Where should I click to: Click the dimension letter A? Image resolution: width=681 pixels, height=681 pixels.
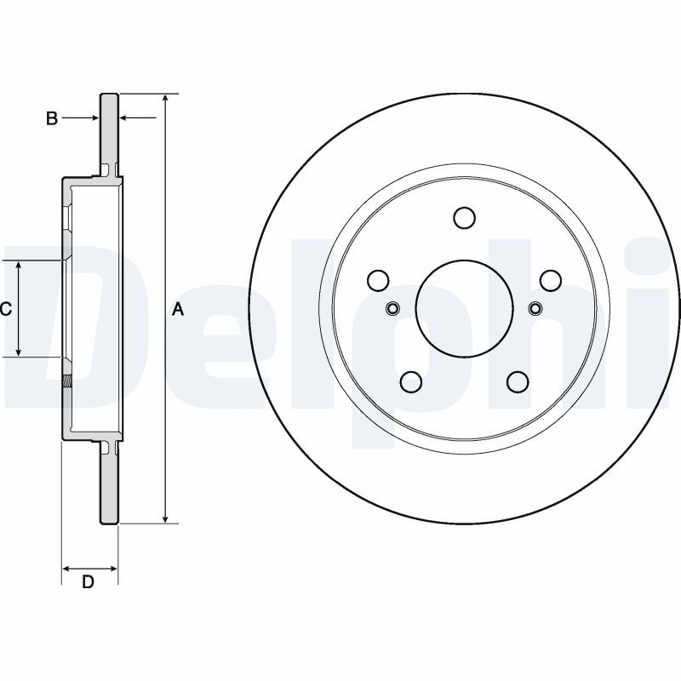click(178, 309)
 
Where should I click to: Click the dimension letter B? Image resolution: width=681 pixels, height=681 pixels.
click(52, 118)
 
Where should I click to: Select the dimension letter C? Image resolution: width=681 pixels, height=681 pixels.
click(5, 309)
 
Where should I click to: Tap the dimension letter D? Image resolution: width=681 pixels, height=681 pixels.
click(87, 582)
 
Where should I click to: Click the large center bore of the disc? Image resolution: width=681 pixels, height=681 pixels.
click(464, 307)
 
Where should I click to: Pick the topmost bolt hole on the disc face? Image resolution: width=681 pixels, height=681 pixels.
click(464, 218)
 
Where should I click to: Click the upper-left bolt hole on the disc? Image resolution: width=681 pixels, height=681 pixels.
click(378, 280)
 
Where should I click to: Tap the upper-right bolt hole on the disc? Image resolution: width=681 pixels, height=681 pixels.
click(551, 280)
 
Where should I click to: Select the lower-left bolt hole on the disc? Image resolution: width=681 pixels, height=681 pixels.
click(411, 381)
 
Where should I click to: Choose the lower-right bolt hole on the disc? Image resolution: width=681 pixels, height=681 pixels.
click(518, 381)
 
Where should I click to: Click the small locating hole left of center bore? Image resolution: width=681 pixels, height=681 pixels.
click(393, 308)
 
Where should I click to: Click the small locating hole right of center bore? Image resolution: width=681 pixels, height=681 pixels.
click(535, 308)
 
